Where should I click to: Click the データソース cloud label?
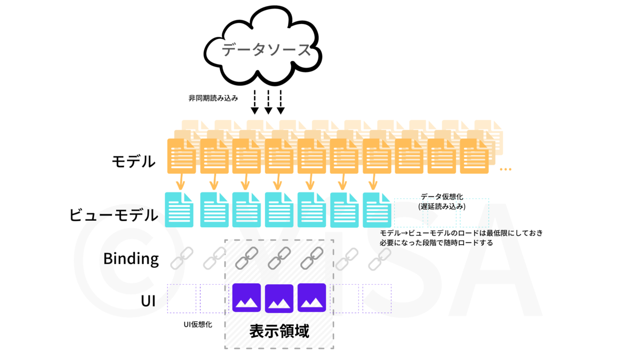[x=266, y=50]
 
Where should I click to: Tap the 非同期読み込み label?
[x=213, y=98]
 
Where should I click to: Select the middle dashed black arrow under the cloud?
[x=268, y=102]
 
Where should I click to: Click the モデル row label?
[x=134, y=162]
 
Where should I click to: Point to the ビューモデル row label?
[x=114, y=215]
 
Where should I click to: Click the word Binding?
[x=131, y=259]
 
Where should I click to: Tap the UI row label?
[x=148, y=301]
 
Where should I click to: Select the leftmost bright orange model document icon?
[x=181, y=156]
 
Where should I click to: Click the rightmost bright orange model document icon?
[x=474, y=156]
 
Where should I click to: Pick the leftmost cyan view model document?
[x=179, y=210]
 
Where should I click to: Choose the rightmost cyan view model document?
[x=377, y=210]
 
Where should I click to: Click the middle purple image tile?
[x=279, y=298]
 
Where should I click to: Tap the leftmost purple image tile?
[x=246, y=298]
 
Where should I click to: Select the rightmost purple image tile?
[x=311, y=298]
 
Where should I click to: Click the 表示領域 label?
[x=279, y=331]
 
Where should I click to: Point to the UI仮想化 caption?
[x=198, y=325]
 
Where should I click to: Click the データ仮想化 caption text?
[x=442, y=197]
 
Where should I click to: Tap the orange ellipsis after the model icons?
[x=506, y=170]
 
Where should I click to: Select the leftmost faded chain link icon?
[x=182, y=259]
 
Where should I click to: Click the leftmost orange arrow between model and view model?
[x=180, y=182]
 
